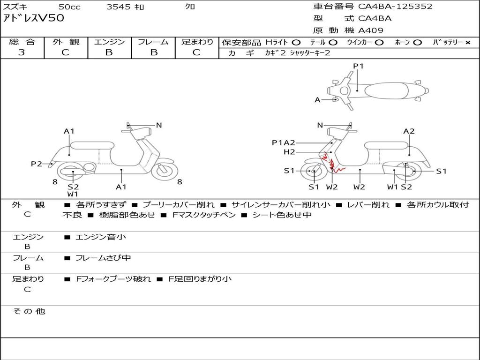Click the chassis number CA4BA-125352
pyautogui.click(x=395, y=7)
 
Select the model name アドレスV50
pyautogui.click(x=34, y=18)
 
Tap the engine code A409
pyautogui.click(x=371, y=30)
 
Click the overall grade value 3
pyautogui.click(x=22, y=52)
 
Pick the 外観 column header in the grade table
pyautogui.click(x=66, y=42)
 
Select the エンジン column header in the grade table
pyautogui.click(x=109, y=42)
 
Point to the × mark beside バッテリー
pyautogui.click(x=468, y=43)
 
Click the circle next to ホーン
pyautogui.click(x=417, y=43)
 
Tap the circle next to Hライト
pyautogui.click(x=296, y=43)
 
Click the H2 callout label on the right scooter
pyautogui.click(x=289, y=152)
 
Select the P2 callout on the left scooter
pyautogui.click(x=37, y=164)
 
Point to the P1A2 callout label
pyautogui.click(x=284, y=142)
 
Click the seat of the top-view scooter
pyautogui.click(x=386, y=91)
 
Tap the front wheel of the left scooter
pyautogui.click(x=165, y=171)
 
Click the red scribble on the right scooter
pyautogui.click(x=332, y=163)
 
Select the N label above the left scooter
pyautogui.click(x=159, y=125)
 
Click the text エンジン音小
pyautogui.click(x=101, y=237)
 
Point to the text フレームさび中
pyautogui.click(x=103, y=258)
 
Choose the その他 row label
pyautogui.click(x=29, y=311)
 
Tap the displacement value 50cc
pyautogui.click(x=69, y=7)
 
